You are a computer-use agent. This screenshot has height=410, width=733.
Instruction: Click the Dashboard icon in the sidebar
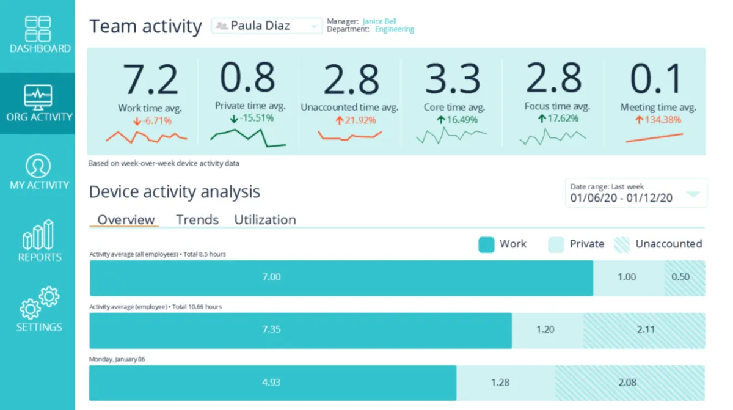[38, 29]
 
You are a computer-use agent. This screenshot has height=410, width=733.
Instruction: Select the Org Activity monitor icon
[38, 97]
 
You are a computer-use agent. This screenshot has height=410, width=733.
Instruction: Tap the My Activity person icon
[38, 166]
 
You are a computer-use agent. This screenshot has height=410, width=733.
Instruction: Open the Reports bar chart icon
[38, 235]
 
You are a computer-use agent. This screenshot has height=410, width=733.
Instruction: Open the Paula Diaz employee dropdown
[267, 26]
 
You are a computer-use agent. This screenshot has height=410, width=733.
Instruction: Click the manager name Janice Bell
[379, 21]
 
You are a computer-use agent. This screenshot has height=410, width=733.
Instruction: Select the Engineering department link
[394, 29]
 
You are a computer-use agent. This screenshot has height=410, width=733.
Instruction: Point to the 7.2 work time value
[150, 80]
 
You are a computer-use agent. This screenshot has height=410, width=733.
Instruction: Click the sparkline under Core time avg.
[451, 136]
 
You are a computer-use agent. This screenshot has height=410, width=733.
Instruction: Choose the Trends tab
[197, 220]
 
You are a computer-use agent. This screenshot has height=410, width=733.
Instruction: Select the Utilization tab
[265, 220]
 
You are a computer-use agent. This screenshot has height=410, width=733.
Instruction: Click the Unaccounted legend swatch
[621, 244]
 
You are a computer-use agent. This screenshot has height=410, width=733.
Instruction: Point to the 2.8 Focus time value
[553, 79]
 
